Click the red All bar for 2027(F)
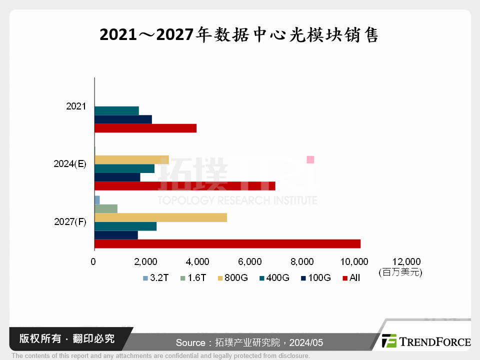227,244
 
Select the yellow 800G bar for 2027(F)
160,217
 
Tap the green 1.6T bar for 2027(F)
106,208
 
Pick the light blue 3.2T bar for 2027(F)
97,200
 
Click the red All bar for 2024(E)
184,186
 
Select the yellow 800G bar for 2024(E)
131,160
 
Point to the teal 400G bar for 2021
116,111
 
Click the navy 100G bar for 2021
123,119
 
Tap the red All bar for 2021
145,128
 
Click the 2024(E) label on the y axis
69,164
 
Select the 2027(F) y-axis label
69,222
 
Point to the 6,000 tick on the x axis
250,261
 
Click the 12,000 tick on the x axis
406,261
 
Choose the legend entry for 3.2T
155,278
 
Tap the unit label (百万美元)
400,272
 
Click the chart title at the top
239,35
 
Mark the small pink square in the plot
310,159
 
